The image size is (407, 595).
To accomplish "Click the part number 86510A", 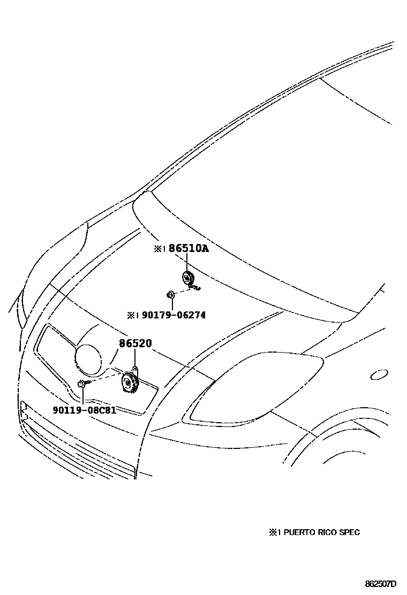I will tap(189, 249).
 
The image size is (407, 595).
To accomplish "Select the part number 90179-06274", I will tap(174, 315).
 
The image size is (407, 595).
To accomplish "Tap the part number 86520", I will tap(135, 345).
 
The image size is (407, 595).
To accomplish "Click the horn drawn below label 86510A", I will tap(187, 279).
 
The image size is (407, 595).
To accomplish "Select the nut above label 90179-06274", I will tap(169, 294).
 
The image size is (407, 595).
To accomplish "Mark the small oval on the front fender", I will tap(379, 375).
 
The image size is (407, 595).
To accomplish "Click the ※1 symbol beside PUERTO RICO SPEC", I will tap(275, 532).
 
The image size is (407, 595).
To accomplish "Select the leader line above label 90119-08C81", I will tap(84, 396).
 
